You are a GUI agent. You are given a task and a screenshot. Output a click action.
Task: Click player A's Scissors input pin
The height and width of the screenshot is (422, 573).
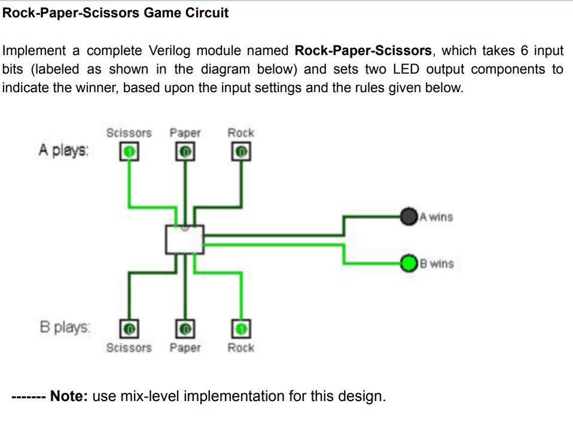tap(130, 152)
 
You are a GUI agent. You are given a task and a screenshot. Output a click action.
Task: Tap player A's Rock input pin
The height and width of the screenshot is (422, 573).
tap(241, 152)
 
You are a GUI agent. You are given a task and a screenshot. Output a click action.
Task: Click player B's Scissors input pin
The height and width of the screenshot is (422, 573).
tap(130, 328)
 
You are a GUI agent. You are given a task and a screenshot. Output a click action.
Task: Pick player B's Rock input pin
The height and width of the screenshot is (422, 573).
tap(241, 328)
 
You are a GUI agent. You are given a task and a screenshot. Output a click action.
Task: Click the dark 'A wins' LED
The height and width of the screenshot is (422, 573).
tap(409, 216)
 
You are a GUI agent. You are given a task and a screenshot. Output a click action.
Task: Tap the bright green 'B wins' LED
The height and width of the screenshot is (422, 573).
tap(409, 263)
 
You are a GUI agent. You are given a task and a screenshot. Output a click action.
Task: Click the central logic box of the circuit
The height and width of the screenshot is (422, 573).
tap(185, 239)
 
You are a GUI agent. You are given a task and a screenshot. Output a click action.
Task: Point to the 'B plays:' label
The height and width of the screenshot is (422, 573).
tap(65, 327)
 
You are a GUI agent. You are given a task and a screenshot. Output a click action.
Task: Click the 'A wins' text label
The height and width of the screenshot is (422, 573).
tap(437, 217)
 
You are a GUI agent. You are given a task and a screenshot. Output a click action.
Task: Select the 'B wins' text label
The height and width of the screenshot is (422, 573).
tap(437, 263)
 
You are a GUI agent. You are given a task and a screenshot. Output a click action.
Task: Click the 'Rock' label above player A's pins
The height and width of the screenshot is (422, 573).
tap(241, 132)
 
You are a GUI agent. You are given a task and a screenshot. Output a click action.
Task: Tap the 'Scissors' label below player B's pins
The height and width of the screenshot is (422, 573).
tap(129, 348)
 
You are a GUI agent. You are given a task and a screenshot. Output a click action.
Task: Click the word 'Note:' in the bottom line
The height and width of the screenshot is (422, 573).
tap(69, 396)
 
